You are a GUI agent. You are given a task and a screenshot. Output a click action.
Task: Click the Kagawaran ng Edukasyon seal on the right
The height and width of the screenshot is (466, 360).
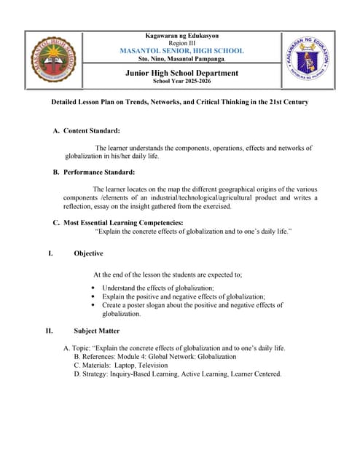click(x=307, y=59)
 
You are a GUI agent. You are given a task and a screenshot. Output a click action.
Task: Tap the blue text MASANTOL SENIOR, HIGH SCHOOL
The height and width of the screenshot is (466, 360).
click(x=181, y=51)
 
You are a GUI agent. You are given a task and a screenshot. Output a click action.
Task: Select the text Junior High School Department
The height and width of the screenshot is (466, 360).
click(x=181, y=73)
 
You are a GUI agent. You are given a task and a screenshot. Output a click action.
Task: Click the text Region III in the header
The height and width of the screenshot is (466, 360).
click(x=181, y=43)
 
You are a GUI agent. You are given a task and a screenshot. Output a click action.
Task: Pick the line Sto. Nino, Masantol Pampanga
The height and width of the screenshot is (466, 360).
click(x=181, y=59)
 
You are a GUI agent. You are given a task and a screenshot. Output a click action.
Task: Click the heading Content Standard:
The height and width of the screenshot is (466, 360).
click(x=92, y=130)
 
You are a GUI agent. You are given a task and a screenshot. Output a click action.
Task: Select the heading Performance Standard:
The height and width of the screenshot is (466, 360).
click(x=99, y=173)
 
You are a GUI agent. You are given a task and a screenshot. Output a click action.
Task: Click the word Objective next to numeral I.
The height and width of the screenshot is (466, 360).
click(x=88, y=253)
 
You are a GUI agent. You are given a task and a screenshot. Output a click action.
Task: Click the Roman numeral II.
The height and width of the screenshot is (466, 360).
click(x=49, y=331)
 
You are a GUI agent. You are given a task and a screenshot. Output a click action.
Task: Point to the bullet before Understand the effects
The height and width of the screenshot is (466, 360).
click(x=93, y=288)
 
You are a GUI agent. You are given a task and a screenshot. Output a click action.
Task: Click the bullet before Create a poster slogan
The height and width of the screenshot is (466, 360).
click(x=93, y=305)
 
